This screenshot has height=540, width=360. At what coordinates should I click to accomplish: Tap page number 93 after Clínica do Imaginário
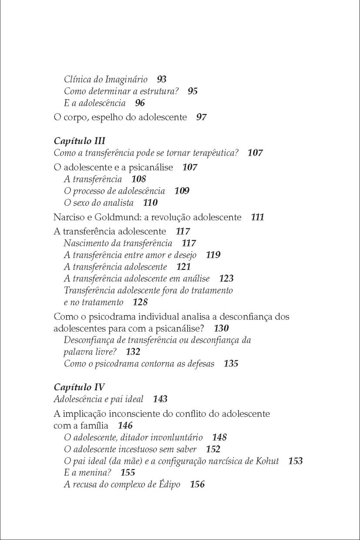[x=161, y=80]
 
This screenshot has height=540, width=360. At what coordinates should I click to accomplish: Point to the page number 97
[x=201, y=117]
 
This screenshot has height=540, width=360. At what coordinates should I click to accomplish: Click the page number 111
[x=258, y=217]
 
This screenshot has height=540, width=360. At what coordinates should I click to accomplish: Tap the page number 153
[x=296, y=461]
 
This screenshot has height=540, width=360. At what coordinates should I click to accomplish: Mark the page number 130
[x=222, y=328]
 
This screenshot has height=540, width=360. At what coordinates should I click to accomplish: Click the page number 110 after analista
[x=150, y=203]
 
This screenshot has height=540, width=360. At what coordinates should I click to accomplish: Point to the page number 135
[x=231, y=364]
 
